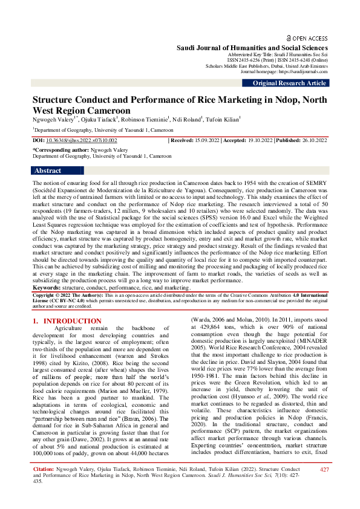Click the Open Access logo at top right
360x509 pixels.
click(x=307, y=37)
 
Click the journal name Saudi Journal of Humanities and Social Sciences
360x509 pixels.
click(x=252, y=48)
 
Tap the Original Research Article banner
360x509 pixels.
click(x=289, y=83)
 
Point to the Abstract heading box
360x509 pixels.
click(x=48, y=171)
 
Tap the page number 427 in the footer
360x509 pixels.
click(x=324, y=487)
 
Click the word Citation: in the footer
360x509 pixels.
click(x=44, y=486)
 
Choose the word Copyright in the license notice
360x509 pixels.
click(x=46, y=294)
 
